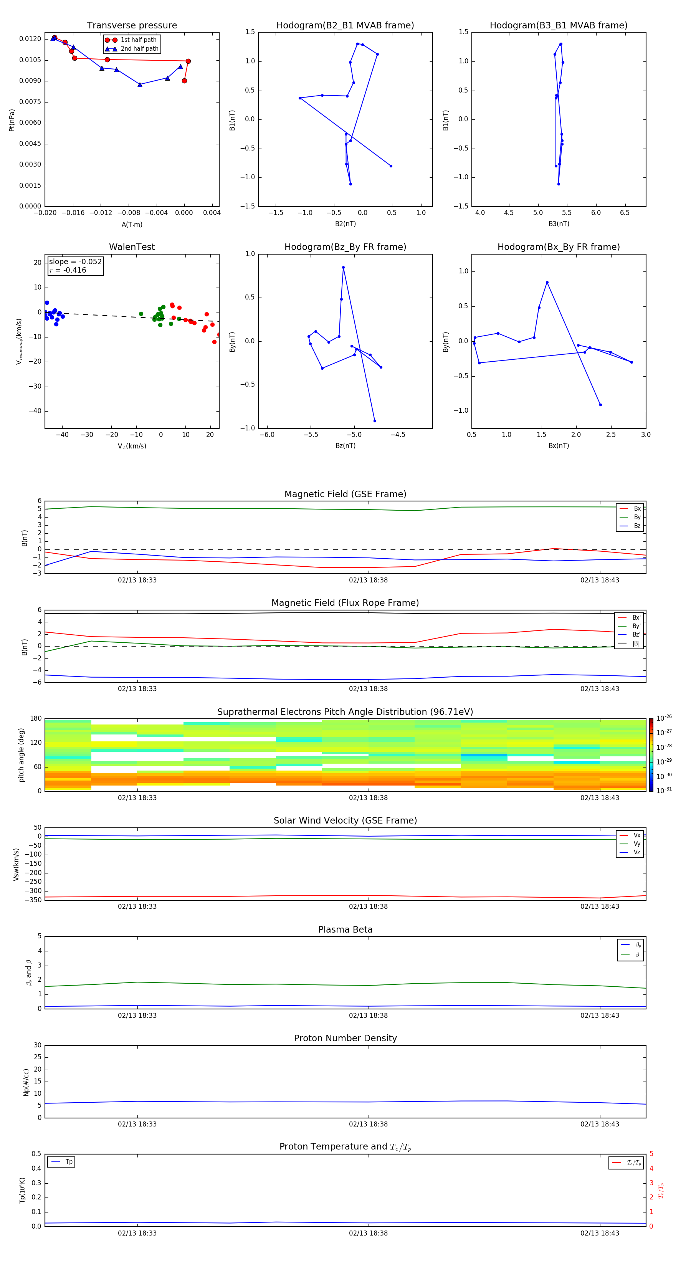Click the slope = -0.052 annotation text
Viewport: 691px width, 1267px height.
pos(75,262)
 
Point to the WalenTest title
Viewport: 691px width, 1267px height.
pos(132,247)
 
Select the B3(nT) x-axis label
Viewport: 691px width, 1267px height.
pos(559,224)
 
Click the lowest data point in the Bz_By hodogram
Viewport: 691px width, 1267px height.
pos(375,421)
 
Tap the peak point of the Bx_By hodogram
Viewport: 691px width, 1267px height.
pos(547,282)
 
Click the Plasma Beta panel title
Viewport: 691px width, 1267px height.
pos(345,930)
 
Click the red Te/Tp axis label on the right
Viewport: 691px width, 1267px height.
pos(661,1190)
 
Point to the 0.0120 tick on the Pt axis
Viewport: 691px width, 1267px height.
pos(30,39)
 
